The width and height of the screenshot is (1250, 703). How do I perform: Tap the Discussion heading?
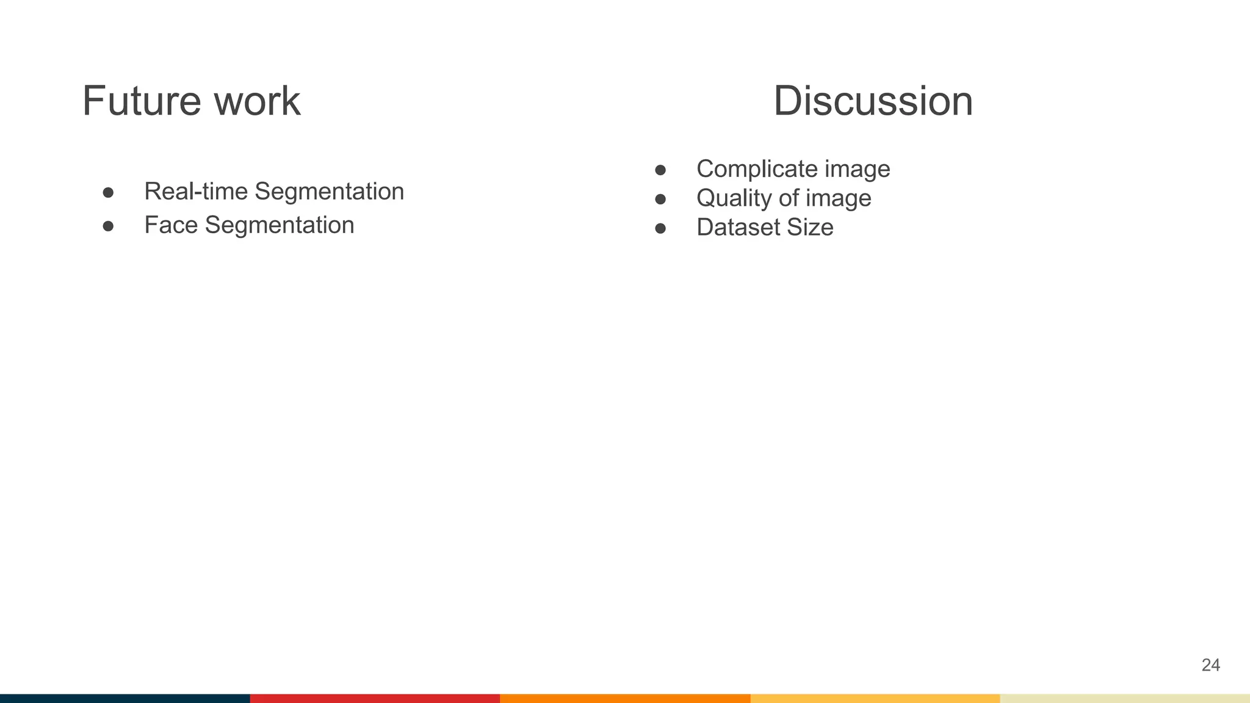(873, 101)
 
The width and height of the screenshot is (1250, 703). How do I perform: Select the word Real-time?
(196, 192)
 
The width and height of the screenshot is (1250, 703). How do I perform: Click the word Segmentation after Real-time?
(329, 192)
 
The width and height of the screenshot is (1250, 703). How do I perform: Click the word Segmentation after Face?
(280, 225)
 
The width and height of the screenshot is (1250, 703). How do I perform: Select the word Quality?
(734, 198)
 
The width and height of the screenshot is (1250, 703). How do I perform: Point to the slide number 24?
(1210, 665)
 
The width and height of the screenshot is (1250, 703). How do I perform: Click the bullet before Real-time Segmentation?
(109, 193)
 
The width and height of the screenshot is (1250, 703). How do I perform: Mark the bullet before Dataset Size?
(660, 229)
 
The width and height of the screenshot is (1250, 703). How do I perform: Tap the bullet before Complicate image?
(660, 170)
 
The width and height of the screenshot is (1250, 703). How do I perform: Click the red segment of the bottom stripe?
(375, 698)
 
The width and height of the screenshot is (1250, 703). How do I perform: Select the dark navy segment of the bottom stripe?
(125, 698)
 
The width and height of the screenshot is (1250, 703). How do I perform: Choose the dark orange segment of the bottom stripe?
(625, 698)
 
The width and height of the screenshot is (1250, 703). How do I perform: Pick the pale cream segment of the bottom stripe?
(1125, 698)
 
